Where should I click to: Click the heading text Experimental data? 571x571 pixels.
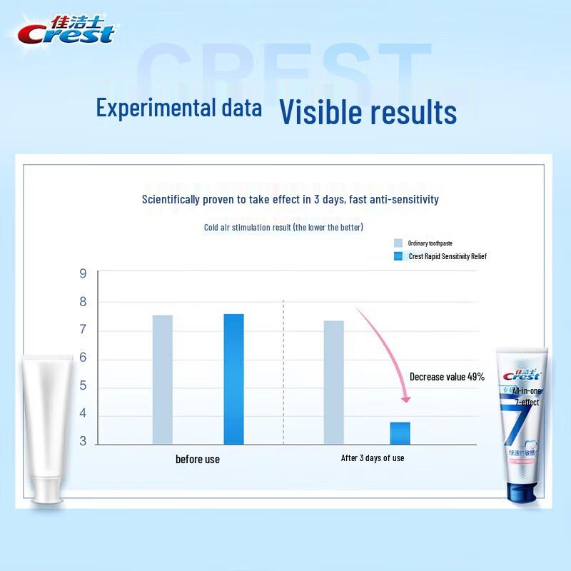coord(178,108)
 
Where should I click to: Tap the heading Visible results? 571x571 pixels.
coord(367,111)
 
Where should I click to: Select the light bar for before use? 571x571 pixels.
coord(162,379)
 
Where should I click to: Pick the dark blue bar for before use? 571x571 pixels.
coord(233,378)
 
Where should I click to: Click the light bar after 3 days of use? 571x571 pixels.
coord(333,382)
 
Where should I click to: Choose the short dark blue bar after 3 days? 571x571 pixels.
coord(400,433)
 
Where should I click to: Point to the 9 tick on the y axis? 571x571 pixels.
coord(83,273)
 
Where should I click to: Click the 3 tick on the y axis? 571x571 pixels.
coord(83,442)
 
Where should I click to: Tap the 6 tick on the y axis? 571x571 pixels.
coord(83,358)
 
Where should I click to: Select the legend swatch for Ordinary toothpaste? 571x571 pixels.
coord(398,243)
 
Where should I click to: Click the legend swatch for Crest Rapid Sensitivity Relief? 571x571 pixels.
coord(398,256)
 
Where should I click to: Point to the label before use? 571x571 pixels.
coord(198,459)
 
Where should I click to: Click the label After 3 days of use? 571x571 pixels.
coord(372,458)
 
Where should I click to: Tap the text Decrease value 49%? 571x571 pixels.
coord(447,377)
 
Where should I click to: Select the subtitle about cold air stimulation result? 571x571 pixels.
coord(283,228)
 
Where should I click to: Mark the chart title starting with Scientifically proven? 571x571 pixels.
coord(290,199)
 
